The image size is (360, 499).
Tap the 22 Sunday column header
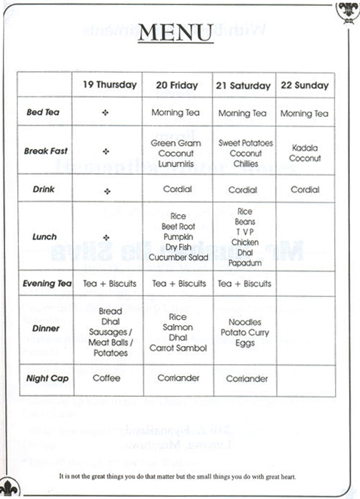(x=305, y=86)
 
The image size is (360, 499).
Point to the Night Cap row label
(x=47, y=378)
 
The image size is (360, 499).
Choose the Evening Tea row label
(x=47, y=283)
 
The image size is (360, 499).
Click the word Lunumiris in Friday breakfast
(x=177, y=163)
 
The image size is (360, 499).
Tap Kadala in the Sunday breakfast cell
(x=305, y=148)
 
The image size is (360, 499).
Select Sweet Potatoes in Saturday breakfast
(x=245, y=143)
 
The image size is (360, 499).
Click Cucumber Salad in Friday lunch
(x=177, y=258)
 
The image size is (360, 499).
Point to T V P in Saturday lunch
(x=245, y=232)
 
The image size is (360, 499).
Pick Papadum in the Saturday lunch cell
(x=245, y=263)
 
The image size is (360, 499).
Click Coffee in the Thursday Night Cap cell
(x=106, y=378)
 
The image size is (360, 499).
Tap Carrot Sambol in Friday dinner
(x=178, y=348)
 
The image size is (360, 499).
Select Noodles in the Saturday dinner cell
(x=245, y=323)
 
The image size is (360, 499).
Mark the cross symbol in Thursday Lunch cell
(x=106, y=237)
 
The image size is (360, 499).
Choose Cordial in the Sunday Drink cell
(x=305, y=191)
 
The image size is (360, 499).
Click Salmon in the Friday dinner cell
(x=178, y=328)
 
